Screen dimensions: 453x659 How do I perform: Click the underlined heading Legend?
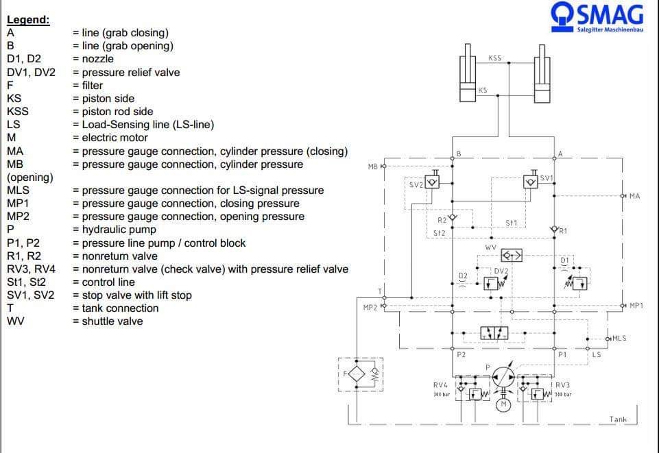pos(28,20)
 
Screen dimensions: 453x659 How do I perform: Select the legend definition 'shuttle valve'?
pos(112,321)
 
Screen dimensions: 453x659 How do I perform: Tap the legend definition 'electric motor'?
pos(115,138)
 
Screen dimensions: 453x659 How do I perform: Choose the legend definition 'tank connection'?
pos(120,308)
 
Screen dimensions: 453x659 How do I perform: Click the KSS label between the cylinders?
pos(494,58)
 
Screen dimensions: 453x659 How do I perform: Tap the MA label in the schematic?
pos(634,197)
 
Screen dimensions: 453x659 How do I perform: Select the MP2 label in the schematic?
pos(370,308)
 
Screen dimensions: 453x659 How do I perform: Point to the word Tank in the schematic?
pos(618,419)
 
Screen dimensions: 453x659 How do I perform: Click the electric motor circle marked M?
pos(504,405)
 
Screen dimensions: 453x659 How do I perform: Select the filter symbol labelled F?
pos(355,375)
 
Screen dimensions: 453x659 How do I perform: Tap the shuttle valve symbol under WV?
pos(512,256)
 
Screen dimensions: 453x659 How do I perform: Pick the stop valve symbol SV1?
pos(530,182)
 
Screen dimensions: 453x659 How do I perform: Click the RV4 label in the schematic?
pos(440,385)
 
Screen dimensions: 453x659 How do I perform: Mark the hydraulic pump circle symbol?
pos(504,376)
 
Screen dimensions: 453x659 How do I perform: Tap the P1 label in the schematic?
pos(562,355)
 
